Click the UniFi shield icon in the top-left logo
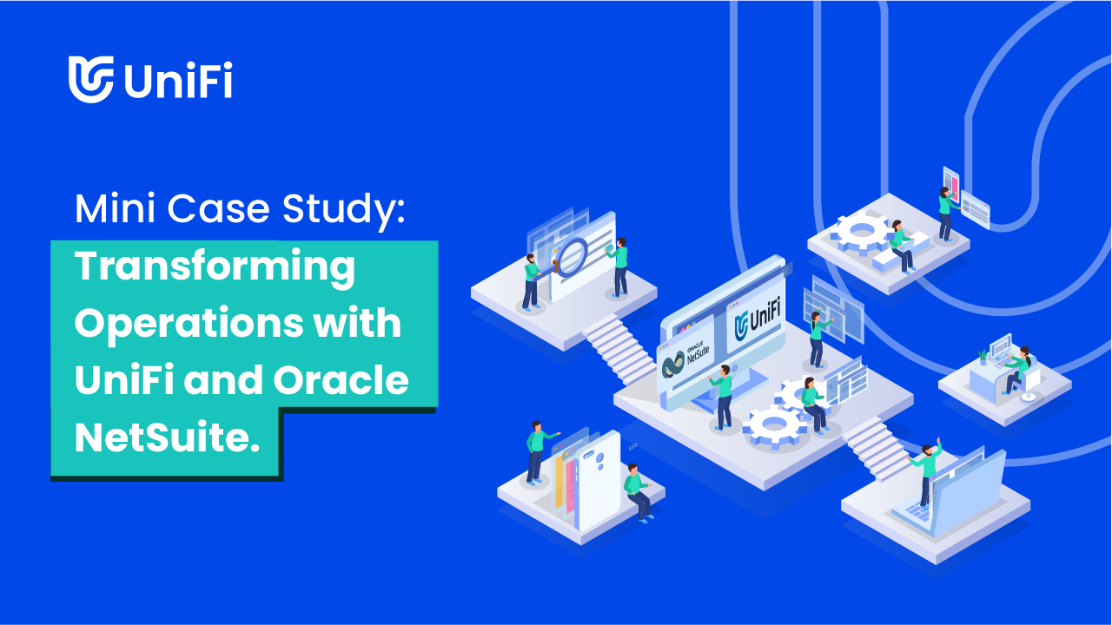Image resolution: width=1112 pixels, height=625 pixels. click(91, 79)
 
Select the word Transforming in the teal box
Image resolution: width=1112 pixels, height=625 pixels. click(215, 267)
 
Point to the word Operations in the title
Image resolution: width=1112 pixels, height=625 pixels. click(189, 325)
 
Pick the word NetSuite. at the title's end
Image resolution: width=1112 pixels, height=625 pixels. click(168, 437)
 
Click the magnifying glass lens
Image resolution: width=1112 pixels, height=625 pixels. click(571, 257)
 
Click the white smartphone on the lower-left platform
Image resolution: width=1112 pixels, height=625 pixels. click(599, 480)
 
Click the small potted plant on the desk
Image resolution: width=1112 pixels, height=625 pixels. click(983, 357)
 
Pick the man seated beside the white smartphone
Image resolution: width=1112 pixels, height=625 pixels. click(638, 492)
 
